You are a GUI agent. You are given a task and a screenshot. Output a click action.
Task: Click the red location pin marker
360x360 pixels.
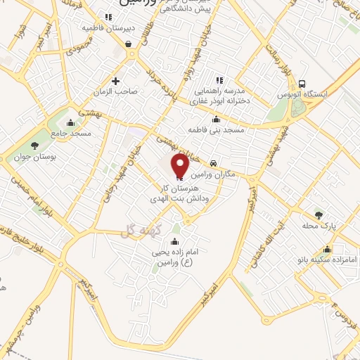pyautogui.click(x=180, y=166)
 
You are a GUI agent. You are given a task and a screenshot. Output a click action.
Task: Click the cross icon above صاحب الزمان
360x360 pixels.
pyautogui.click(x=115, y=81)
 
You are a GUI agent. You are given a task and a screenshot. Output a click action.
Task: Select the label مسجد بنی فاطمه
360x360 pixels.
pyautogui.click(x=215, y=131)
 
